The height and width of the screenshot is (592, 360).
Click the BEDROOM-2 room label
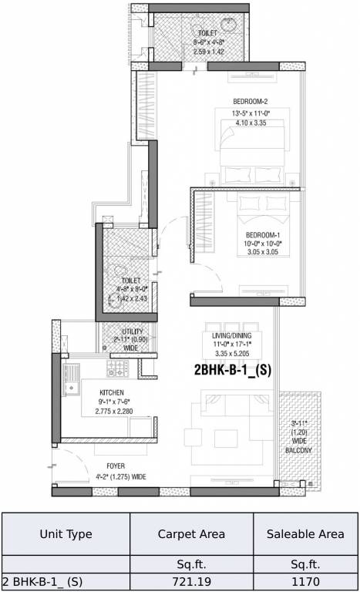[251, 102]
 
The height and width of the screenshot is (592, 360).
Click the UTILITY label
[119, 331]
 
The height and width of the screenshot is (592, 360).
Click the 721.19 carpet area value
[191, 581]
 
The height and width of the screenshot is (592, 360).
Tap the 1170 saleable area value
[306, 581]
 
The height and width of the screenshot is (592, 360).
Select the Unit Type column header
[66, 533]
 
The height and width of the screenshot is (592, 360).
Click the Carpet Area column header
[191, 533]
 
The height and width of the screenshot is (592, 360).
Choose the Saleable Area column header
[306, 533]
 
